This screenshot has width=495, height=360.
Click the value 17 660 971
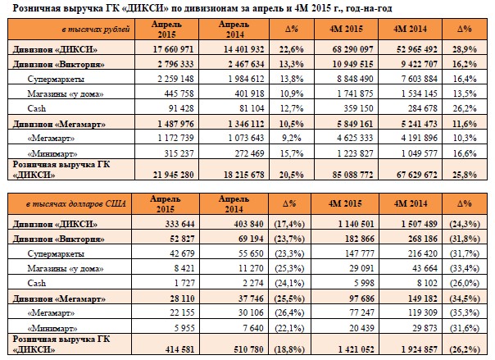point(173,49)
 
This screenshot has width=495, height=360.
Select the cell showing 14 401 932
point(243,49)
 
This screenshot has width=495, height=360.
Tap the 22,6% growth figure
point(292,49)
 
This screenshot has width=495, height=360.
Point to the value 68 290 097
point(352,49)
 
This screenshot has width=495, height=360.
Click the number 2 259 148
point(175,79)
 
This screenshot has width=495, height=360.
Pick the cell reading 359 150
point(358,108)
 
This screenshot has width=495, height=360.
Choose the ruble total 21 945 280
point(173,175)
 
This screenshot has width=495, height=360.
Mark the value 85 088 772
point(352,175)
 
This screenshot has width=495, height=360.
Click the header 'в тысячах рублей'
point(96,30)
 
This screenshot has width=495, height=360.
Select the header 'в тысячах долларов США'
point(76,204)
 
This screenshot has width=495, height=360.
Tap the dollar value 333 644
point(179,224)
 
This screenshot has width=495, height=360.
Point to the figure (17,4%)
point(289,224)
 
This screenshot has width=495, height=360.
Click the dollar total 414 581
point(179,349)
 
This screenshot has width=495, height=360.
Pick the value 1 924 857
point(420,349)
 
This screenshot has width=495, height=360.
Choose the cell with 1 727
point(184,283)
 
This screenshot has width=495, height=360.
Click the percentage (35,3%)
point(465,312)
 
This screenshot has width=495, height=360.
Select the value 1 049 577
point(420,153)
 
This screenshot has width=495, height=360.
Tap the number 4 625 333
point(355,138)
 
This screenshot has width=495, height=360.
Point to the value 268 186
point(423,239)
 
